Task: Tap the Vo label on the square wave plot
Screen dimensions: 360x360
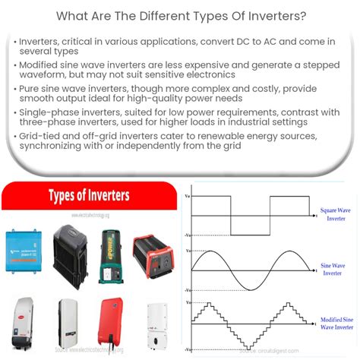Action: coord(188,196)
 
